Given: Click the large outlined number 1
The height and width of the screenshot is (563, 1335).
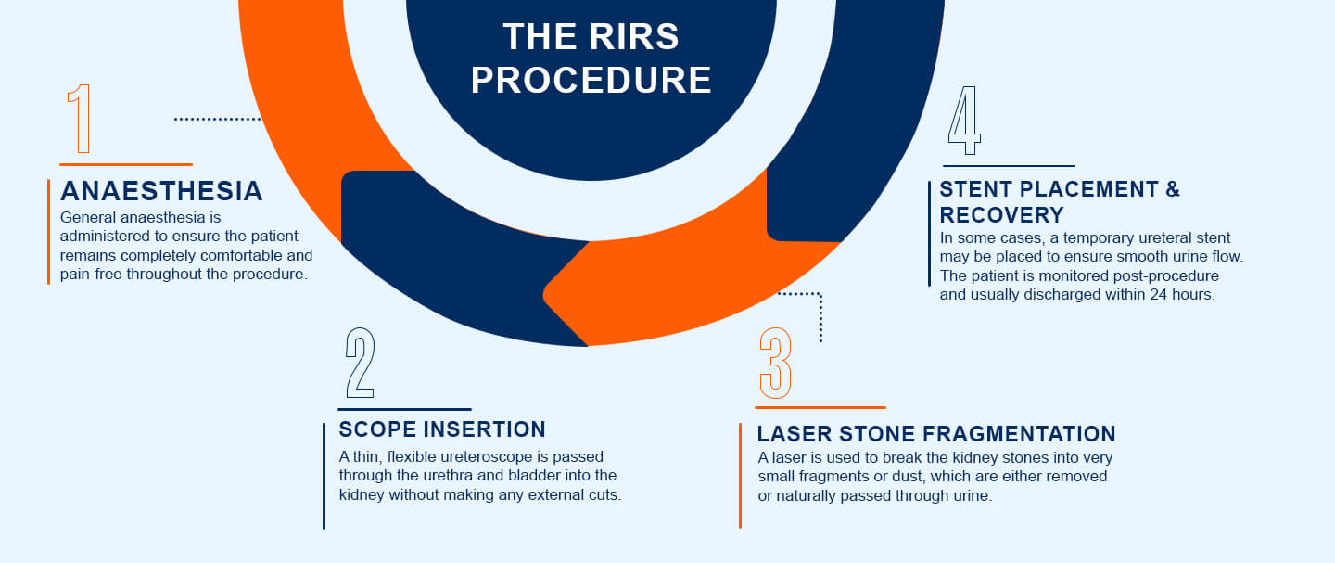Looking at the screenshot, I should tap(81, 119).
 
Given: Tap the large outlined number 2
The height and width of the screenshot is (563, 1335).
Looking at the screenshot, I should tap(359, 363).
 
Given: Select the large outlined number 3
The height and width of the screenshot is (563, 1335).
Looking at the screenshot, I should tap(775, 363).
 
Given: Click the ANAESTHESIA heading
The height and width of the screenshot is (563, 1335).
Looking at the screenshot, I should tap(161, 191).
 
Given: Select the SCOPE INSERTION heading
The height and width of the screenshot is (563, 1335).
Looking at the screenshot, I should tap(442, 429).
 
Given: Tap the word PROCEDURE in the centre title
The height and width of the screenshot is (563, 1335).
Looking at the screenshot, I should tap(591, 81).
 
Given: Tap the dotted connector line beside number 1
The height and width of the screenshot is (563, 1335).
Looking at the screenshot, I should tap(218, 119).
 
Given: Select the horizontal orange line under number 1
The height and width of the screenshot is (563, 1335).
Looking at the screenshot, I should tap(125, 164).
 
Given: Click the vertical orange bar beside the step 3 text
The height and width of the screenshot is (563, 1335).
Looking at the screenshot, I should tap(740, 475).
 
